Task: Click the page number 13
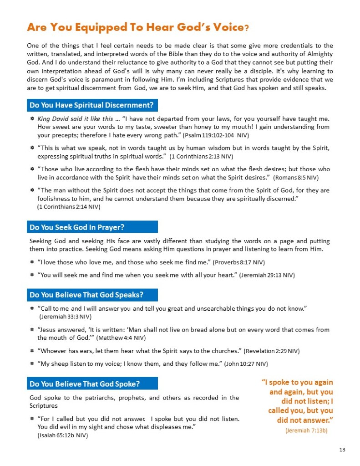(x=342, y=450)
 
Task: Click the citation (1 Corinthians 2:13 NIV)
(x=201, y=156)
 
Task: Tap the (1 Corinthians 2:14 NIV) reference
(x=68, y=207)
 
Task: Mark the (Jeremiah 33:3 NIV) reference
(x=66, y=316)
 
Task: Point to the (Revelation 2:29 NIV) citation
(x=272, y=351)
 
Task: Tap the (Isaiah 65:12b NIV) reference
(x=63, y=435)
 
